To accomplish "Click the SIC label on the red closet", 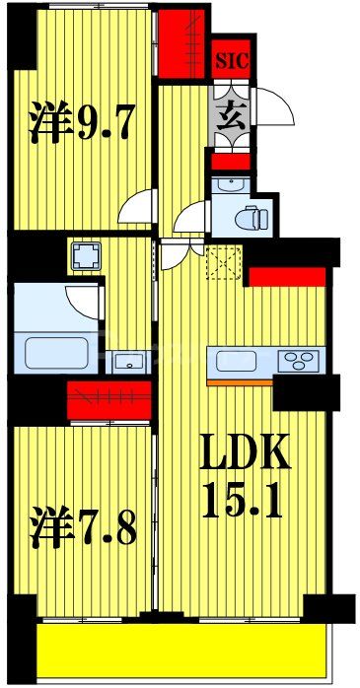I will pyautogui.click(x=233, y=59).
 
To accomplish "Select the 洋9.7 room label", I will pyautogui.click(x=82, y=123).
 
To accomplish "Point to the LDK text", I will pyautogui.click(x=246, y=456).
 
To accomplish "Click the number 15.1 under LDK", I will pyautogui.click(x=246, y=505).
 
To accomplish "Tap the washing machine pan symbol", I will pyautogui.click(x=83, y=257).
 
